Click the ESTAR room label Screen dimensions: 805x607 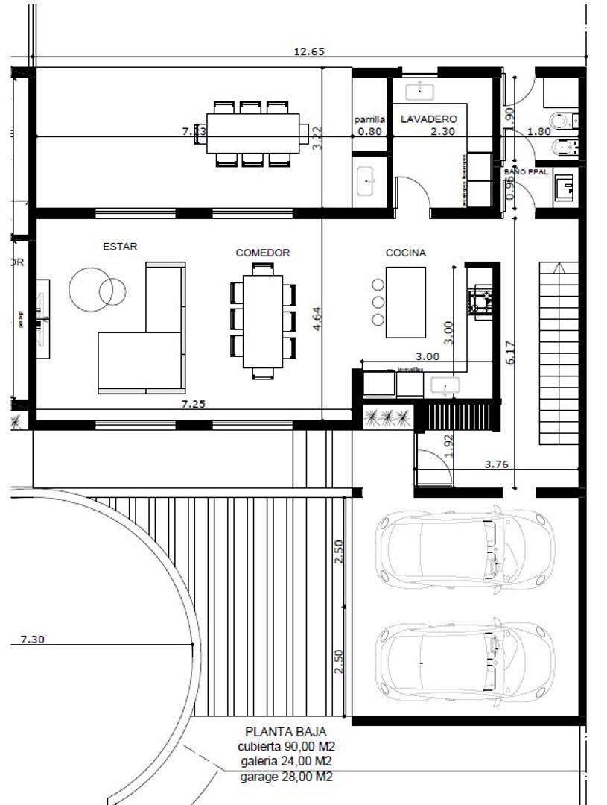click(x=120, y=247)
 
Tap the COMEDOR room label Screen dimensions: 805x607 click(x=263, y=253)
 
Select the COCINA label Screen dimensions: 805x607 click(x=406, y=253)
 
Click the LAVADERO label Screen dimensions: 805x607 click(x=429, y=119)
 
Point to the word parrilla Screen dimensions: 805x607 click(x=370, y=119)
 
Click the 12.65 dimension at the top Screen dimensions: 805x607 click(x=309, y=52)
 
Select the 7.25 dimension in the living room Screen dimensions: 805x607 click(x=194, y=404)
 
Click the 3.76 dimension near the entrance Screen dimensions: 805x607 click(x=496, y=464)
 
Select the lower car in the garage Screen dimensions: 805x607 click(x=465, y=660)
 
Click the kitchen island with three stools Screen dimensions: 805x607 click(x=405, y=302)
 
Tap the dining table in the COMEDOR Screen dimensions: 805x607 click(x=263, y=321)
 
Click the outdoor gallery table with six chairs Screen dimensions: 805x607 click(x=252, y=133)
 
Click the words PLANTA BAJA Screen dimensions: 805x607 click(x=285, y=732)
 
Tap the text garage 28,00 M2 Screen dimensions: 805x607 click(x=286, y=777)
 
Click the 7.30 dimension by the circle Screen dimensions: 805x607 click(x=33, y=640)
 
